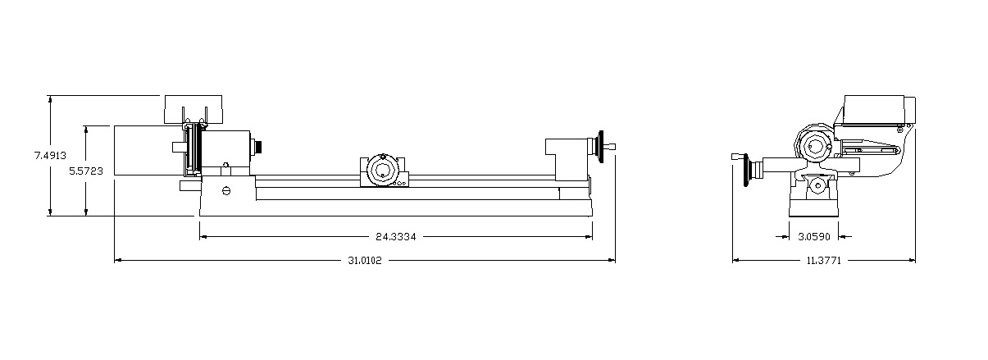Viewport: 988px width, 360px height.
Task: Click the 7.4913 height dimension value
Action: tap(50, 155)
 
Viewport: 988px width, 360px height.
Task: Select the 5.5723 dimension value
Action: tap(86, 171)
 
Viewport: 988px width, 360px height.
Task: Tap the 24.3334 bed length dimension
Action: tap(396, 237)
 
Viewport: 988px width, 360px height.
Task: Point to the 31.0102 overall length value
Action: tap(365, 261)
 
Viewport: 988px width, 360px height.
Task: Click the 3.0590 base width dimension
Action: tap(814, 237)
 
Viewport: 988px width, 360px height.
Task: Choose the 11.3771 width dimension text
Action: tap(824, 261)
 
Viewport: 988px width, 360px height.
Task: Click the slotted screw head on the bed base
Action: tap(226, 190)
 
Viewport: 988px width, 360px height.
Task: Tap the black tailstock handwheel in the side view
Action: tap(600, 147)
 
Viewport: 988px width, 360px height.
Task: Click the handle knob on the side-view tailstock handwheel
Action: tap(611, 146)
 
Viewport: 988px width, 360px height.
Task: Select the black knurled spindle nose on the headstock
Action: tap(258, 147)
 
